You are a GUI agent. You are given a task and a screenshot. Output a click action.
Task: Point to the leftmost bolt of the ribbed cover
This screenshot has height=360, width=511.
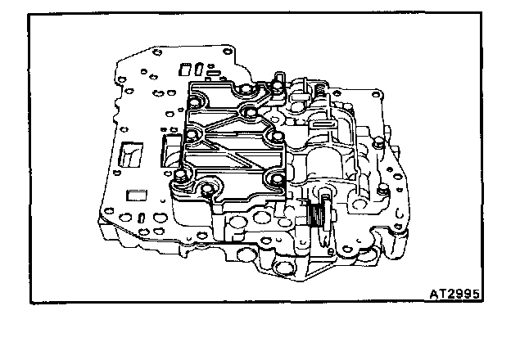180,177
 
